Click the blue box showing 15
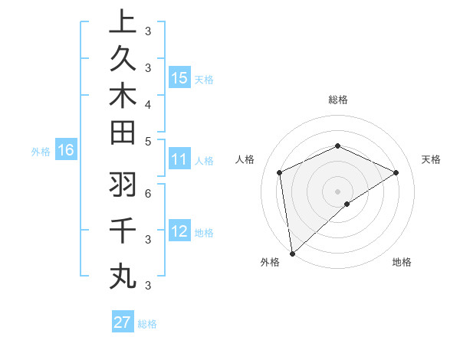coord(179,77)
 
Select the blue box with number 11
coord(179,159)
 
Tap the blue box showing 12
coord(179,231)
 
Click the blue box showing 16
coord(65,150)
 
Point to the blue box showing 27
coord(122,322)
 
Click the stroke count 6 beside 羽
coord(148,194)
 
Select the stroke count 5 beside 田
coord(148,141)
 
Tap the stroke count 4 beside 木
coord(148,104)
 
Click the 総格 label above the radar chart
coord(337,100)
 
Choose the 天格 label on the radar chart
coord(431,159)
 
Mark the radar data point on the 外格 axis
coord(291,254)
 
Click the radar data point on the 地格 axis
coord(347,204)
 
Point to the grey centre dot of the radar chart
coord(337,191)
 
